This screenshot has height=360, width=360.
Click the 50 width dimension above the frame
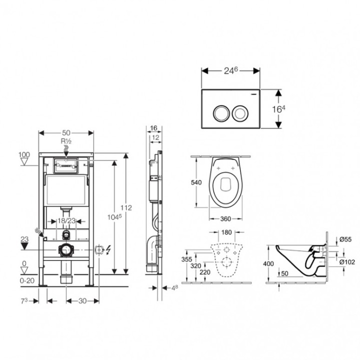pyautogui.click(x=66, y=132)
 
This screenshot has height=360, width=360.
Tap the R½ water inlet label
pyautogui.click(x=66, y=141)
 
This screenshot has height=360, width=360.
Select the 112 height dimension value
pyautogui.click(x=126, y=208)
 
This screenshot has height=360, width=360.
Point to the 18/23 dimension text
pyautogui.click(x=66, y=221)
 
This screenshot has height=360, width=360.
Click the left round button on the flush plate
pyautogui.click(x=221, y=113)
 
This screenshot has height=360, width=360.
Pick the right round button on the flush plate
pyautogui.click(x=240, y=113)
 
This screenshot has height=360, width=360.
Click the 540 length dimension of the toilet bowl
pyautogui.click(x=196, y=182)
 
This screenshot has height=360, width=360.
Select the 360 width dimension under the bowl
pyautogui.click(x=225, y=219)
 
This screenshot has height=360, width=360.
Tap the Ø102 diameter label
pyautogui.click(x=347, y=262)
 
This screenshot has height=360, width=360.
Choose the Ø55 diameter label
pyautogui.click(x=345, y=239)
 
